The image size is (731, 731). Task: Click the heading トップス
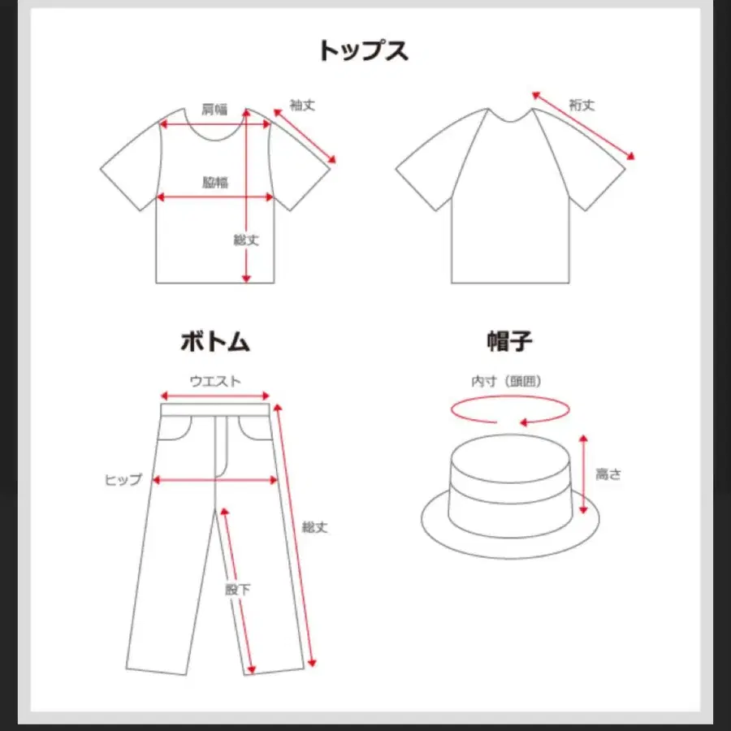[364, 51]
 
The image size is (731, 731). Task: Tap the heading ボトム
[215, 342]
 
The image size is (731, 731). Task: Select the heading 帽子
[509, 342]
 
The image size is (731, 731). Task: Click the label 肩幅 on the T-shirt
[214, 110]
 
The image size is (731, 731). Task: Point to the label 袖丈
[303, 106]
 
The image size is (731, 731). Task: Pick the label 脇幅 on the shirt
[215, 182]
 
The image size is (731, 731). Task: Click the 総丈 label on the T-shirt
[246, 240]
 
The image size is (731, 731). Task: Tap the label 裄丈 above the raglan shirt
[582, 106]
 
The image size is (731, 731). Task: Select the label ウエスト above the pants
[215, 382]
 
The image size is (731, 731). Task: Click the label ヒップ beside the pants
[123, 480]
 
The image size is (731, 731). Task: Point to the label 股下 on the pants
[238, 590]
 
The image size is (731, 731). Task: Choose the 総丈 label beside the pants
[314, 527]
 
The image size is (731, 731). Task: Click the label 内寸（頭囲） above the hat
[506, 382]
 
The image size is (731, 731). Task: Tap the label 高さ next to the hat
[608, 474]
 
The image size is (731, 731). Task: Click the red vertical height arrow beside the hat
[583, 474]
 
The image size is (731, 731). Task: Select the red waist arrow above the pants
[215, 396]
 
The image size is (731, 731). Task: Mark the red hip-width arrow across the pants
[215, 480]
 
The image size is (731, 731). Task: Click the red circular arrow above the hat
[510, 410]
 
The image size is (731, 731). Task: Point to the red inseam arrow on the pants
[238, 590]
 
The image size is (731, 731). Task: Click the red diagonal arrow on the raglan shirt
[583, 126]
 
